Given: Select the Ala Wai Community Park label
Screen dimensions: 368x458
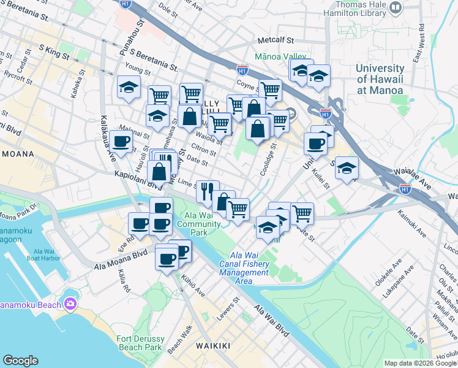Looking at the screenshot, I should (x=198, y=224).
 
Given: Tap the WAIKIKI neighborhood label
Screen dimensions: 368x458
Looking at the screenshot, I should (x=213, y=347).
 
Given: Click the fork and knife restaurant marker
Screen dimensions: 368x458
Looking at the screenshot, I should (x=207, y=191).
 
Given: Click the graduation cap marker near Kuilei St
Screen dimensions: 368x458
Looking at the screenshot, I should (x=347, y=167).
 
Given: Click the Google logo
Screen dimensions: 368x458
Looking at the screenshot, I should (x=20, y=361).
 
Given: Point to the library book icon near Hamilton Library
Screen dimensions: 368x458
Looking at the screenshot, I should (x=396, y=8).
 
